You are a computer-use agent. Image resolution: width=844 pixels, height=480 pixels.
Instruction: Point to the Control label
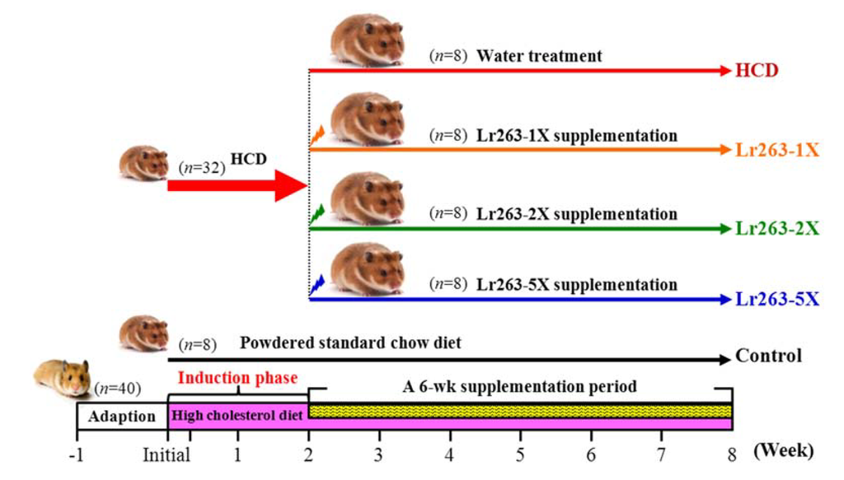pyautogui.click(x=768, y=357)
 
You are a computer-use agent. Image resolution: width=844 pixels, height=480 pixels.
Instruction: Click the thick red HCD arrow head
pyautogui.click(x=291, y=185)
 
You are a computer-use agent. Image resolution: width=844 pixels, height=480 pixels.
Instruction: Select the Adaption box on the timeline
pyautogui.click(x=121, y=416)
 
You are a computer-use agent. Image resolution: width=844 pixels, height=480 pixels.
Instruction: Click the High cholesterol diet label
pyautogui.click(x=236, y=416)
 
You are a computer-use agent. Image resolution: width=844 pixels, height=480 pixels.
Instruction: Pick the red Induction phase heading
pyautogui.click(x=237, y=379)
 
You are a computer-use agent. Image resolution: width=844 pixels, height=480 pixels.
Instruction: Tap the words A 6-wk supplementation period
pyautogui.click(x=519, y=385)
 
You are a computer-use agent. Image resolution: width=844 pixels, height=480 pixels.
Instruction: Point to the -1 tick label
pyautogui.click(x=77, y=453)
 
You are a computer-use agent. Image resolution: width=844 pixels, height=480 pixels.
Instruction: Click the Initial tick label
pyautogui.click(x=166, y=453)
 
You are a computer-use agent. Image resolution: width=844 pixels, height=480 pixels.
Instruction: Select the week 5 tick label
pyautogui.click(x=520, y=453)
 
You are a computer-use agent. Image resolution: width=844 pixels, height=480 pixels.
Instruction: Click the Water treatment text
pyautogui.click(x=539, y=56)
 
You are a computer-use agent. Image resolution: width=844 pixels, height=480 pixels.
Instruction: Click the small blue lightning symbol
pyautogui.click(x=317, y=286)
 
